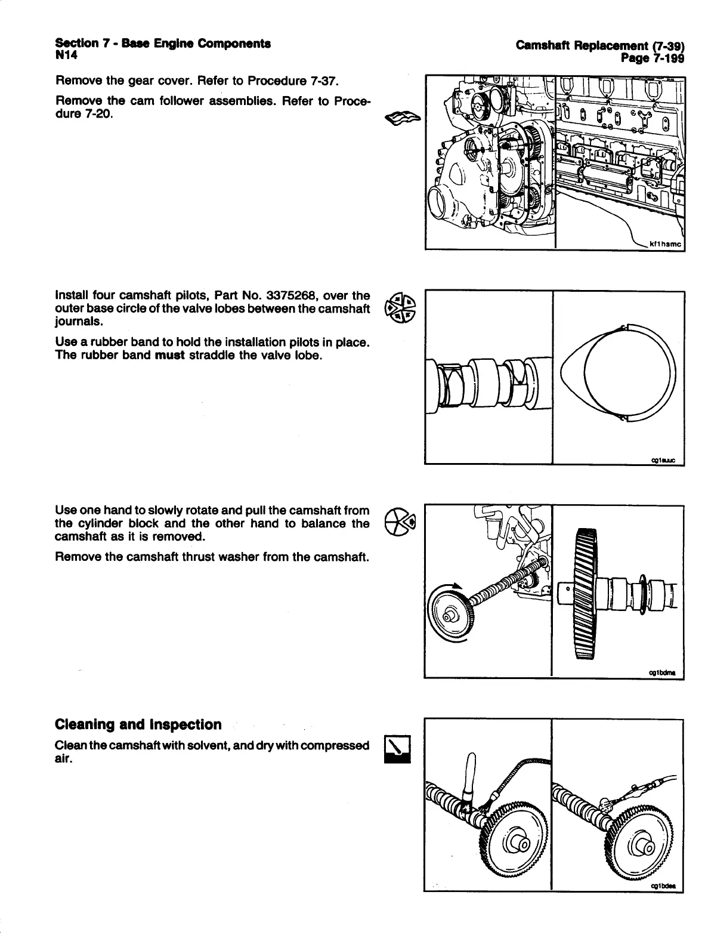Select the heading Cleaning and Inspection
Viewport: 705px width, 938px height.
138,724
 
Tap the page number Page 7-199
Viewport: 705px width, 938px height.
652,58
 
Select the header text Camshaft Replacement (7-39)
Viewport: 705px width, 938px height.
600,45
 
